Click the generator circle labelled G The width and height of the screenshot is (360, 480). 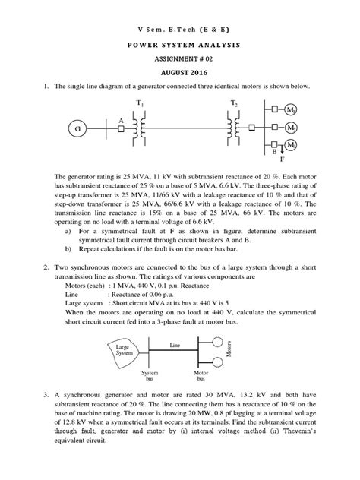[x=77, y=130]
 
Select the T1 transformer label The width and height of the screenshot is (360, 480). [x=139, y=102]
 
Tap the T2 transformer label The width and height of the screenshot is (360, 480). [x=233, y=102]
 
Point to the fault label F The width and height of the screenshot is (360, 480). [x=283, y=160]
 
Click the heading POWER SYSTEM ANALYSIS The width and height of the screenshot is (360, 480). [x=179, y=46]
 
